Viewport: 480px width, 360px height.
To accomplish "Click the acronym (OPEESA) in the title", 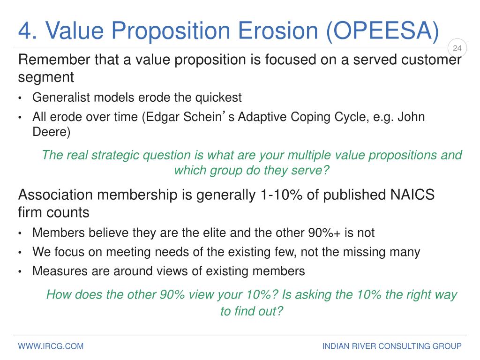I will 383,30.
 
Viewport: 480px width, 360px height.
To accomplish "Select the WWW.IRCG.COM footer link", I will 51,346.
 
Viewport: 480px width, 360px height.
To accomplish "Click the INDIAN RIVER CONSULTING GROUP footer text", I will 392,346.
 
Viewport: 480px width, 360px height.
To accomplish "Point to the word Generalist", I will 61,97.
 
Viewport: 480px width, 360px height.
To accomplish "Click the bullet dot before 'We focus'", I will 20,253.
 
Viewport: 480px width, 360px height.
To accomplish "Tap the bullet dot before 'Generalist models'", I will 20,98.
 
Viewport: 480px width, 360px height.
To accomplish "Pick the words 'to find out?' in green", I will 252,311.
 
